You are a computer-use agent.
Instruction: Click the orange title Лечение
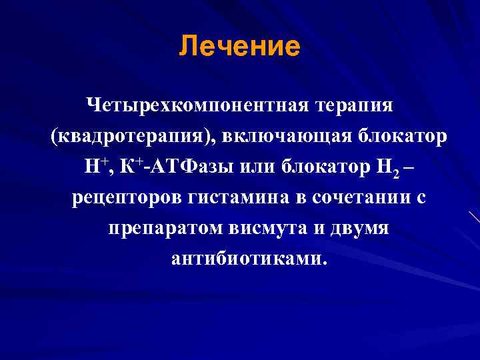[x=240, y=47]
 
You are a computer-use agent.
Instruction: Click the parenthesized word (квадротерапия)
[x=126, y=136]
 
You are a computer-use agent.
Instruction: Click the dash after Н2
[x=409, y=166]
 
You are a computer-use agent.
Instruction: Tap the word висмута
[x=258, y=228]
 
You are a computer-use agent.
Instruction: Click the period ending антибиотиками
[x=325, y=263]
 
